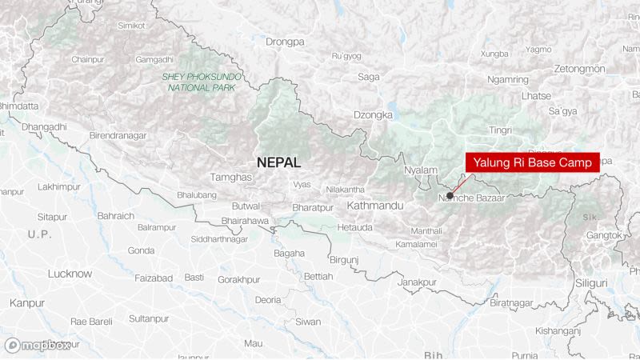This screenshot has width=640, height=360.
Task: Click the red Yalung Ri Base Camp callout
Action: pyautogui.click(x=532, y=162)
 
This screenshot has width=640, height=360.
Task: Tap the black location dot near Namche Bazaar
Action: pyautogui.click(x=450, y=195)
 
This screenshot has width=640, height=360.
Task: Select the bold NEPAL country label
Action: pyautogui.click(x=278, y=162)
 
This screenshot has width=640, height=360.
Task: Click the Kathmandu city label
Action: pyautogui.click(x=375, y=206)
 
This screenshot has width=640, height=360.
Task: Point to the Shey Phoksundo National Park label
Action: pyautogui.click(x=201, y=82)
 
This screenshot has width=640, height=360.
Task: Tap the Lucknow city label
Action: pyautogui.click(x=70, y=274)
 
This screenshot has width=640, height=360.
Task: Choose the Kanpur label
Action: pyautogui.click(x=27, y=303)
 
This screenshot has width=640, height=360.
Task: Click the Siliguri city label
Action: pyautogui.click(x=591, y=283)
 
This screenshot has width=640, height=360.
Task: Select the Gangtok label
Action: pyautogui.click(x=604, y=235)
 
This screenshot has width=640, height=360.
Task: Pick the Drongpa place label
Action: pyautogui.click(x=286, y=41)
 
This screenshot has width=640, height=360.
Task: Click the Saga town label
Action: pyautogui.click(x=369, y=77)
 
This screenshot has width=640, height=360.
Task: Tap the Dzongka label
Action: pyautogui.click(x=374, y=114)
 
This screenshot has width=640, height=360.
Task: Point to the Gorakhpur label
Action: pyautogui.click(x=240, y=280)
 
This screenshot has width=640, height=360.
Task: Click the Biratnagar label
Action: pyautogui.click(x=510, y=303)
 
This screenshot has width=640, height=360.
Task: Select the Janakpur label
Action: pyautogui.click(x=418, y=282)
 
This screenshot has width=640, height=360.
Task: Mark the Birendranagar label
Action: pyautogui.click(x=118, y=136)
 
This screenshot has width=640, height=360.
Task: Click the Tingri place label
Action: pyautogui.click(x=501, y=130)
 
